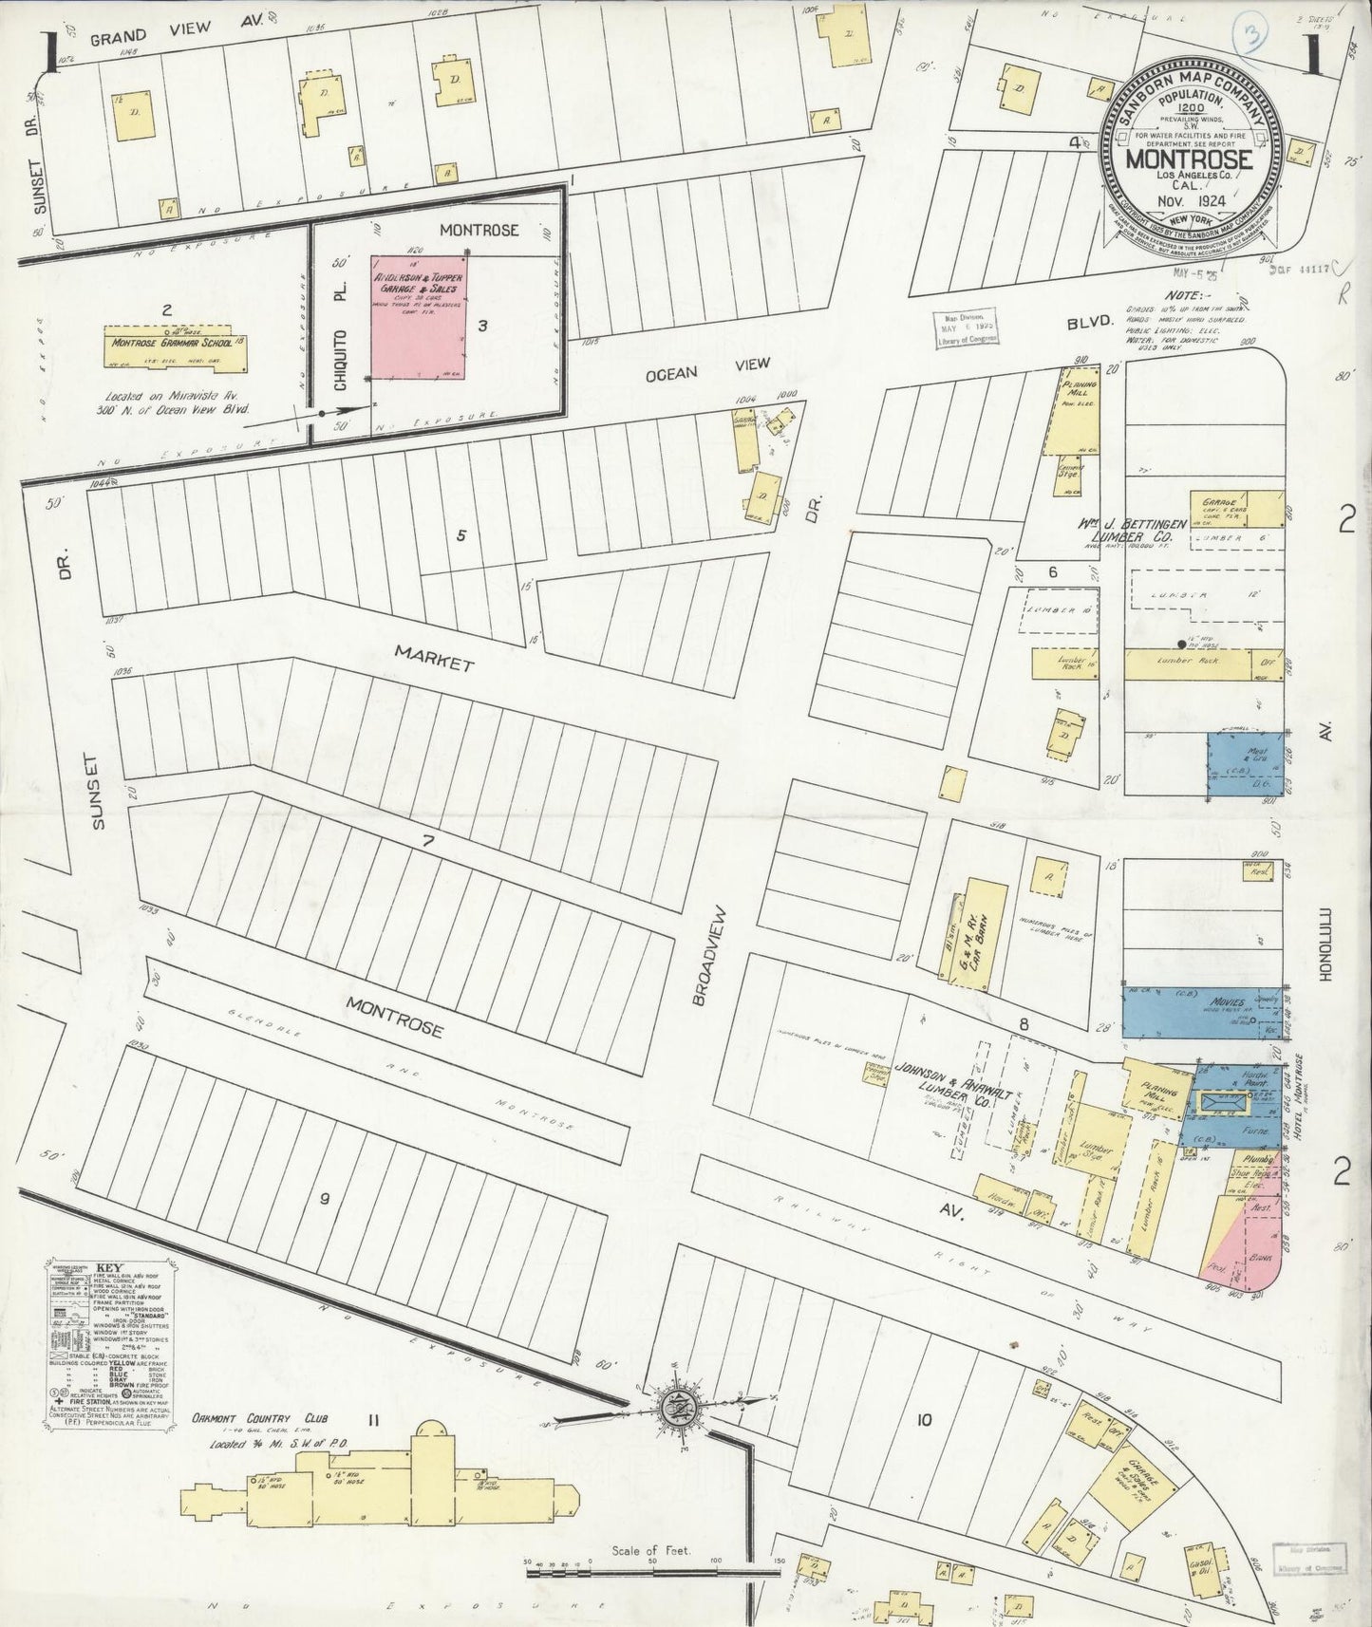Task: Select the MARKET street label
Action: click(434, 658)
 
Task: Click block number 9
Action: click(325, 1199)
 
